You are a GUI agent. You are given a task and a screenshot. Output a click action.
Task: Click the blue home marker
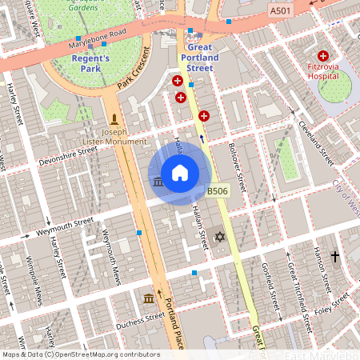180,173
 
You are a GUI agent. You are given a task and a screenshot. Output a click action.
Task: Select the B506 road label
218,191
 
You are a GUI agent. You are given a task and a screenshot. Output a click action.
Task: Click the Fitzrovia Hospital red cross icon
323,55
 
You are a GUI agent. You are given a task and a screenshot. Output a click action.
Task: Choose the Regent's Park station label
96,63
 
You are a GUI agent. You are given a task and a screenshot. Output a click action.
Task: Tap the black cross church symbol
334,257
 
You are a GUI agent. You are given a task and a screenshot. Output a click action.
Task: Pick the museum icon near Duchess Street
148,298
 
